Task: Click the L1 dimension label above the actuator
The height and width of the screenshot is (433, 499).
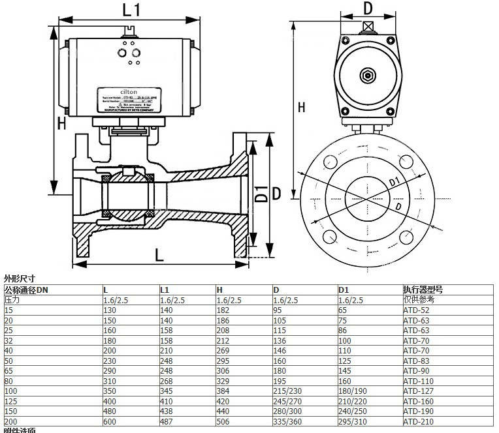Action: pyautogui.click(x=131, y=9)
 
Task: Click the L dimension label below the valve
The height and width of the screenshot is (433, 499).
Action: pyautogui.click(x=159, y=254)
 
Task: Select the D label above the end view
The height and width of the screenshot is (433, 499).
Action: pyautogui.click(x=368, y=8)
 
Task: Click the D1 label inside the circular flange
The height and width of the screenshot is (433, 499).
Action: pyautogui.click(x=394, y=180)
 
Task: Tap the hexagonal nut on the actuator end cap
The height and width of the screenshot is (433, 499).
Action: pyautogui.click(x=368, y=76)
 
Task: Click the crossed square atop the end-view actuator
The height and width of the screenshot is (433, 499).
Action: pyautogui.click(x=368, y=26)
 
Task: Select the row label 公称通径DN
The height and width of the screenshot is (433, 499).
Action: pyautogui.click(x=27, y=290)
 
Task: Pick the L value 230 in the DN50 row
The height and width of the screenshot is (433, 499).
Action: pyautogui.click(x=110, y=361)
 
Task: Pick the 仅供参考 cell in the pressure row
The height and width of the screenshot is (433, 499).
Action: pyautogui.click(x=418, y=299)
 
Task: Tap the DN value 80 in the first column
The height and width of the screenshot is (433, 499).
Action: pyautogui.click(x=8, y=381)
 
